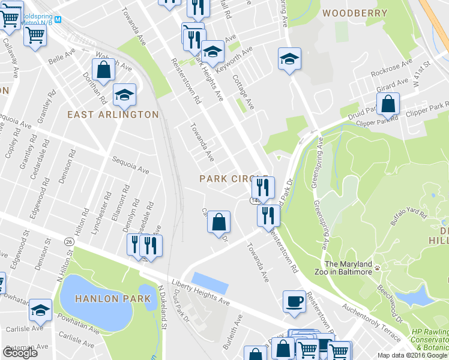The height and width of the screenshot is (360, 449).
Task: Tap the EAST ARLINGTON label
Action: coord(113,115)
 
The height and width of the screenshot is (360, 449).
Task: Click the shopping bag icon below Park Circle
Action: coord(219,222)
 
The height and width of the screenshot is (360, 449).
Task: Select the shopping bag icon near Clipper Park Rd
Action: coord(388,104)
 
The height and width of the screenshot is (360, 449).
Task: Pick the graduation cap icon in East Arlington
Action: coord(124,95)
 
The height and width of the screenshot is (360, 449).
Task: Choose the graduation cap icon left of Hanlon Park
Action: coord(40,310)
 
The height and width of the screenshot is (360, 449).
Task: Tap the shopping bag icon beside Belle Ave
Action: coord(104,69)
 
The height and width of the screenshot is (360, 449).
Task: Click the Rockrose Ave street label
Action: coord(391,65)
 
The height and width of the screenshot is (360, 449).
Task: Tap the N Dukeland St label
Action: coord(162,307)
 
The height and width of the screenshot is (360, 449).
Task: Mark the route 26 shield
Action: coord(69,241)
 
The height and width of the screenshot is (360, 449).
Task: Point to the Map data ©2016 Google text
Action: coord(412,355)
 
